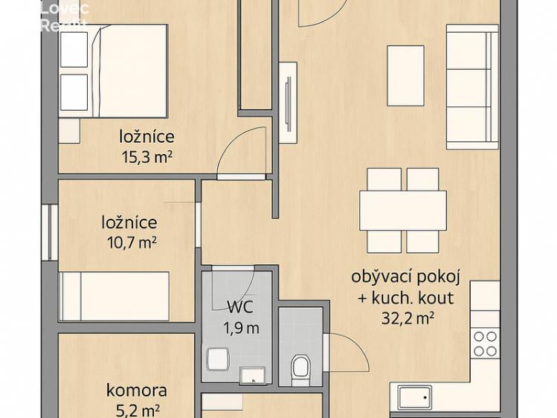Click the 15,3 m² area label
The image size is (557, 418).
[147, 157]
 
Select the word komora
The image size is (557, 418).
[136, 390]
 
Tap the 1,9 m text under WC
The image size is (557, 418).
[241, 328]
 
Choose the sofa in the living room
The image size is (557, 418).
[471, 87]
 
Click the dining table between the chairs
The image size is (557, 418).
[404, 210]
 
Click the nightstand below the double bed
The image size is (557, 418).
[68, 129]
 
